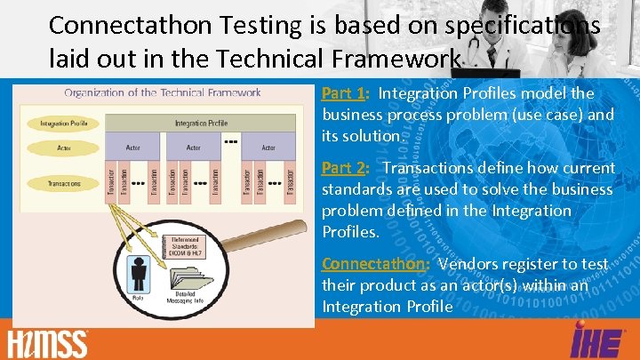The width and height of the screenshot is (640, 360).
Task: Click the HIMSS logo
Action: point(48,342)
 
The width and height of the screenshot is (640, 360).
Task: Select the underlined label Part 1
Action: point(343,93)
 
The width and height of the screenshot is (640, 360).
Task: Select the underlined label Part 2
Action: point(343,168)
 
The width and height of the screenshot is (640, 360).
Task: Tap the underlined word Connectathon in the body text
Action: point(374,264)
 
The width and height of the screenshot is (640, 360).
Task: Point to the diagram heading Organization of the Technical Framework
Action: point(163,92)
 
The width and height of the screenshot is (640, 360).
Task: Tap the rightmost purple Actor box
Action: point(269,148)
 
